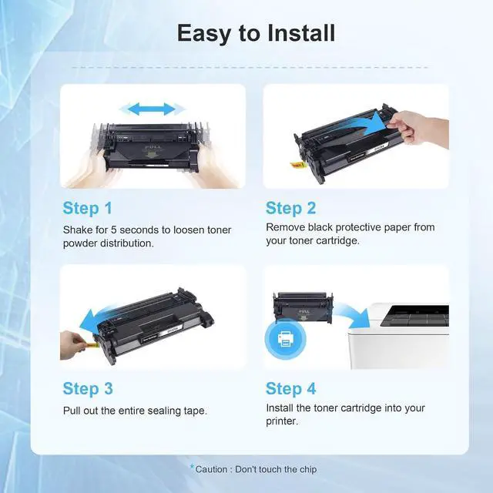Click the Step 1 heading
coord(87,208)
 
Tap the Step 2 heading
coord(291,208)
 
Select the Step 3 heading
coord(88,388)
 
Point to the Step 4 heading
coord(291,388)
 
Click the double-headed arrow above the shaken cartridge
coord(152,109)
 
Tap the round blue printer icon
coord(285,339)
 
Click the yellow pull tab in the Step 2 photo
coord(297,164)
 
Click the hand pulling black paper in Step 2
coord(418,128)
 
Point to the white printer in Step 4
coord(399,336)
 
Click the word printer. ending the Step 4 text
coord(282,421)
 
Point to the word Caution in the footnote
coord(211,469)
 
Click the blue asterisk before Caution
coord(192,467)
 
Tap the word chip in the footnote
coord(308,470)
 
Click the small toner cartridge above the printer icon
coord(303,307)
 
